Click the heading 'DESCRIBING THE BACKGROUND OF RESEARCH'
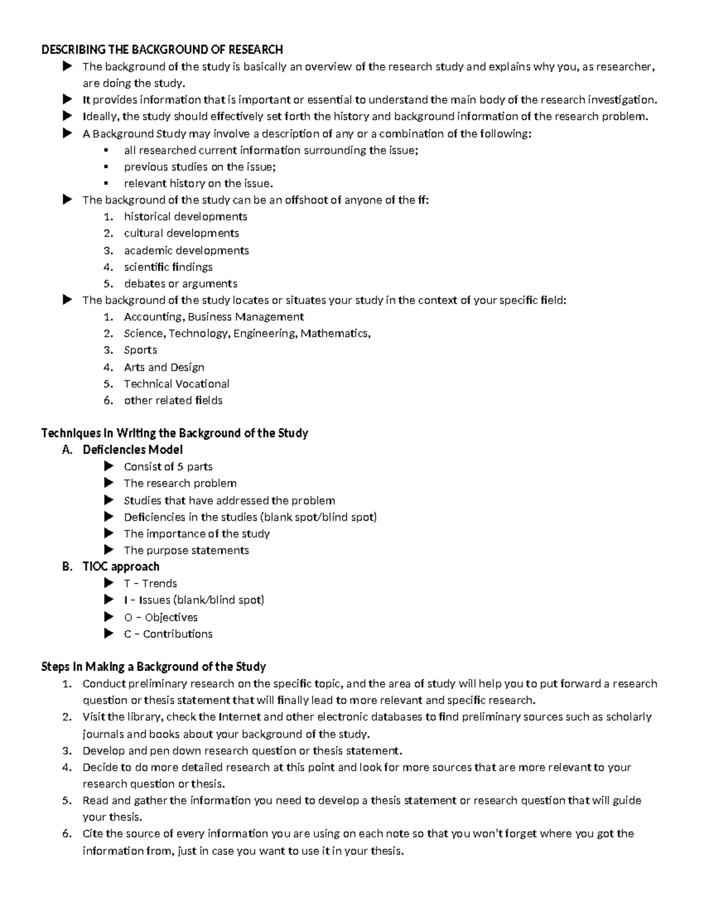(x=162, y=49)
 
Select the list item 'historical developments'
(x=185, y=216)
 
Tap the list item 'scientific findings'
(x=168, y=267)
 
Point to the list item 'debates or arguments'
(x=180, y=283)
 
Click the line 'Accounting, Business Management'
(x=214, y=317)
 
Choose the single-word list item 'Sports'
(x=140, y=350)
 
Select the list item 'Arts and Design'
(x=164, y=367)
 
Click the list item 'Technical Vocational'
(x=176, y=384)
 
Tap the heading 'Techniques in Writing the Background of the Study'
(x=174, y=434)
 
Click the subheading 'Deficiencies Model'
(x=133, y=450)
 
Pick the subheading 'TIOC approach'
(x=121, y=567)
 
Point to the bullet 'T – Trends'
(x=150, y=584)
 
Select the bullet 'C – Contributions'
(x=168, y=634)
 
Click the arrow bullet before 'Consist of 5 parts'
(x=109, y=466)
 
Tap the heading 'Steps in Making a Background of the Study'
(x=153, y=667)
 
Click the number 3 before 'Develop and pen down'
(x=66, y=751)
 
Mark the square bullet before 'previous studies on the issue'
(x=106, y=167)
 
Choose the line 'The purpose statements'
(x=186, y=550)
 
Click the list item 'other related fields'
(x=173, y=401)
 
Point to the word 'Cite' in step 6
(x=93, y=834)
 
